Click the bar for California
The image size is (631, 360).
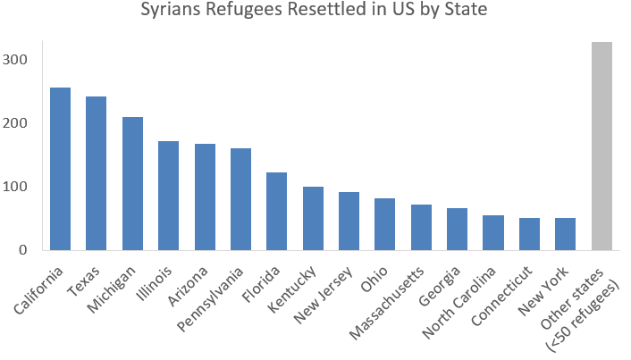[x=60, y=169]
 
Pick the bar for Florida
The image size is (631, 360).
[x=277, y=211]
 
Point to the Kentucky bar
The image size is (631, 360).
[x=313, y=218]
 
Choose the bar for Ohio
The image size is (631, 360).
[x=385, y=224]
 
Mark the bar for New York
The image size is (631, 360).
[x=565, y=234]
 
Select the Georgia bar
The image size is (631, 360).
[x=458, y=229]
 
